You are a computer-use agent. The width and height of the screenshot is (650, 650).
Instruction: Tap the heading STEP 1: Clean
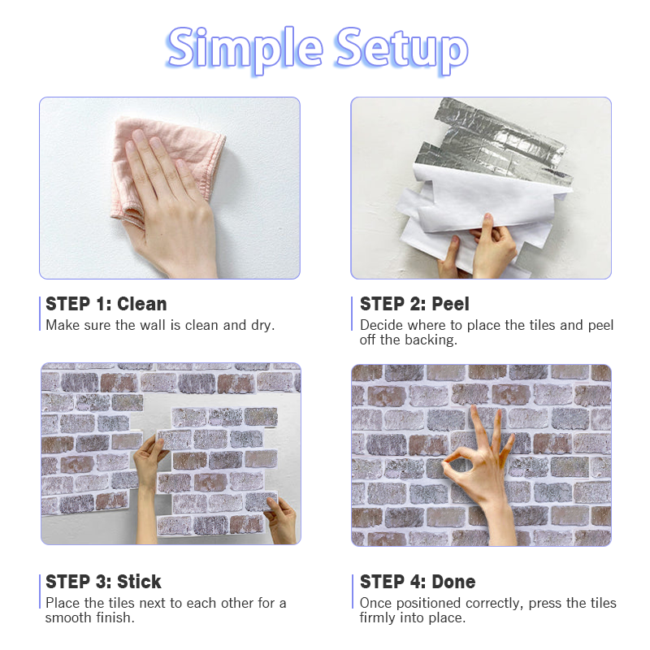click(106, 304)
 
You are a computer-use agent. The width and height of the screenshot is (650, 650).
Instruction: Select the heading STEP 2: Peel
click(414, 304)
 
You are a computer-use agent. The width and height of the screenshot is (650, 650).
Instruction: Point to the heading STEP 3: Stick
click(103, 582)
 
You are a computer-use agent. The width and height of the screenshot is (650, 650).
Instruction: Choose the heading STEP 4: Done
click(418, 582)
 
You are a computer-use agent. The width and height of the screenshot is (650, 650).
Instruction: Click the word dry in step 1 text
click(262, 326)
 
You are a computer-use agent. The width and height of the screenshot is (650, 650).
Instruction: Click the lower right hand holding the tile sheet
click(281, 520)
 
